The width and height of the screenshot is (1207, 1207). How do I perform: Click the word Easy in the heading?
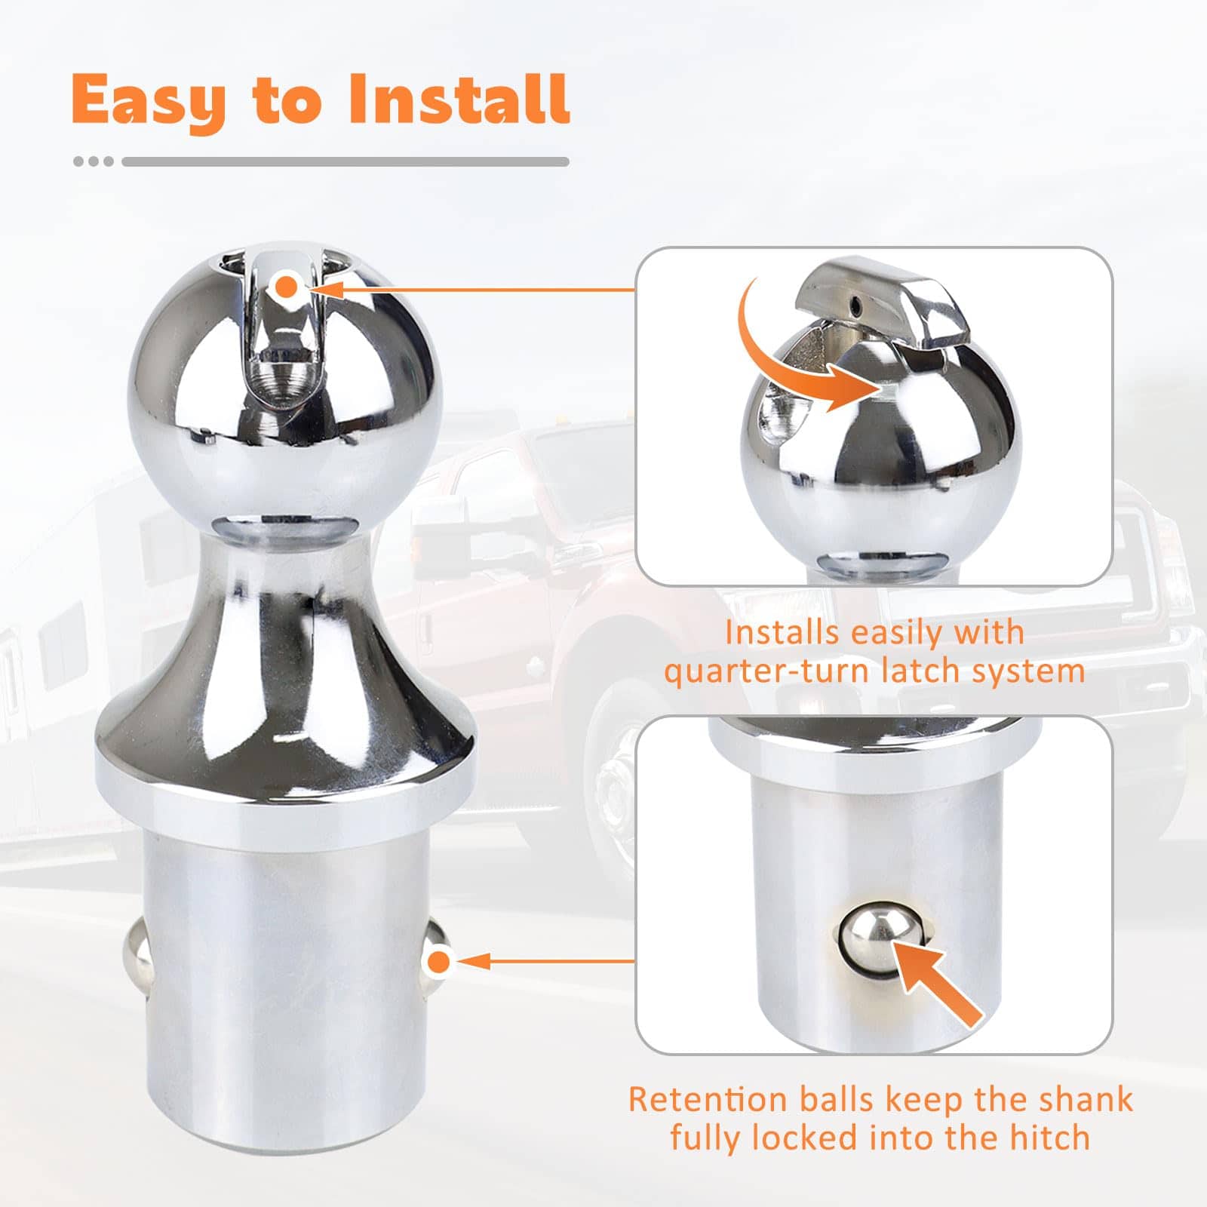point(149,101)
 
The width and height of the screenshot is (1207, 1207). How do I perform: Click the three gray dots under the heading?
point(94,161)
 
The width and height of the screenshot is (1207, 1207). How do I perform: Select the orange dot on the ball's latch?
point(287,287)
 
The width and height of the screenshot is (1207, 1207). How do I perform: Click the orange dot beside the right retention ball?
point(439,962)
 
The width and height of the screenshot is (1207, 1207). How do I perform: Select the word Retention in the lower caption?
point(708,1099)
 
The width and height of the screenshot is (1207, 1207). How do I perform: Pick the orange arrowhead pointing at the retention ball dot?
point(472,962)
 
